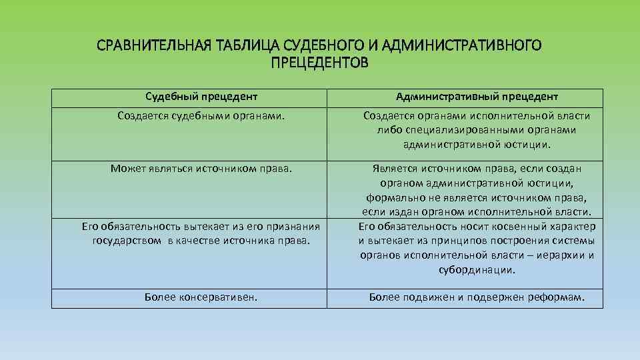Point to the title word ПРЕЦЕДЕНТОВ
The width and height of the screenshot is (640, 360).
click(x=319, y=64)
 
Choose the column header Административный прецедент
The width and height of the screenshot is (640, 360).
click(x=477, y=97)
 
